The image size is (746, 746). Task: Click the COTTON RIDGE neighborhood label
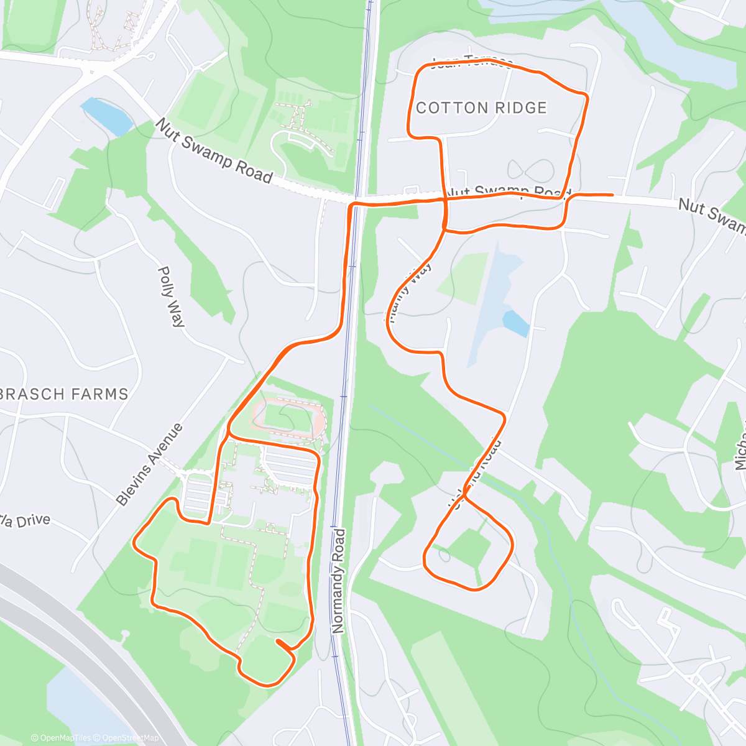coord(481,108)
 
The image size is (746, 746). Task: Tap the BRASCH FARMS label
coord(65,394)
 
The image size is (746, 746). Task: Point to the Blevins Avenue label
coord(150,464)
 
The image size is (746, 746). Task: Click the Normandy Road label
coord(338,581)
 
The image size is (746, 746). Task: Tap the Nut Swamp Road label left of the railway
coord(214,152)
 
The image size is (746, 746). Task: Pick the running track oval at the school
coord(288,417)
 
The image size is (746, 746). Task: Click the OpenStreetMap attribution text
coord(131,738)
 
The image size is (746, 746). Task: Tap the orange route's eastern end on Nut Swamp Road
coord(612,195)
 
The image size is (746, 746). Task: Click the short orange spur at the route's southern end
coord(283,645)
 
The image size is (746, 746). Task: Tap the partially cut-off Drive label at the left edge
coord(25,521)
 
